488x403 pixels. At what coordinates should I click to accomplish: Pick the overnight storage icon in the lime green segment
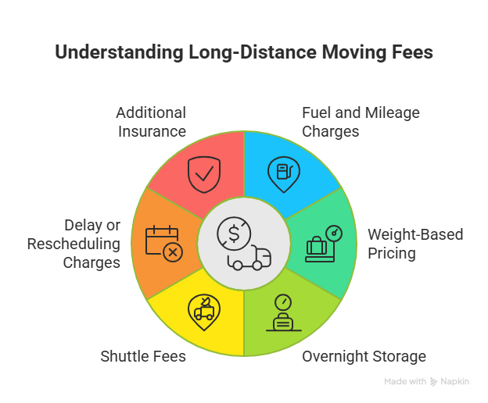pyautogui.click(x=283, y=314)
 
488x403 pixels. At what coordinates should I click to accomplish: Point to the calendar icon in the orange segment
pyautogui.click(x=163, y=242)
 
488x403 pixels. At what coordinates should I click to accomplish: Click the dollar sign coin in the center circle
pyautogui.click(x=233, y=232)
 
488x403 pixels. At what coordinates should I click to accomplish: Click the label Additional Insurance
pyautogui.click(x=152, y=121)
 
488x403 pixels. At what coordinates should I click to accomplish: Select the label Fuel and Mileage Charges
pyautogui.click(x=361, y=121)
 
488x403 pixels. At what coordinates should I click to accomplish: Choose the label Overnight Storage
pyautogui.click(x=364, y=357)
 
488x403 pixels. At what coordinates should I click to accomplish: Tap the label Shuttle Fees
pyautogui.click(x=143, y=357)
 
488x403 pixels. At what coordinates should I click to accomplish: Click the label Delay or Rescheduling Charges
pyautogui.click(x=74, y=244)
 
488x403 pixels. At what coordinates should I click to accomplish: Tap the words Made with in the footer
pyautogui.click(x=404, y=382)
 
